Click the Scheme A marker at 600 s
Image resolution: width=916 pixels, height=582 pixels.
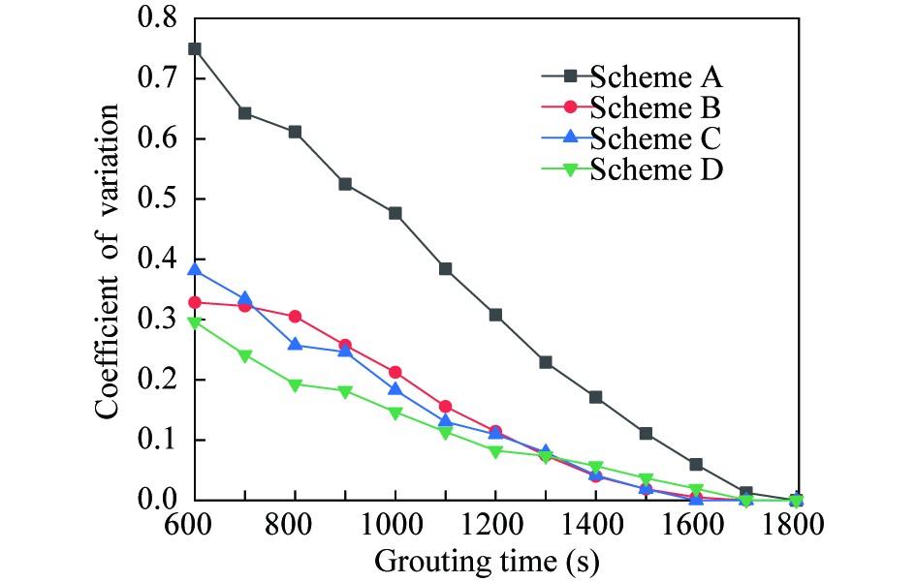tap(194, 48)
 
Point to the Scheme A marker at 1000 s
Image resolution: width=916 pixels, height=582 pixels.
tap(395, 213)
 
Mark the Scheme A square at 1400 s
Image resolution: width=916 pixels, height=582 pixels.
tap(595, 397)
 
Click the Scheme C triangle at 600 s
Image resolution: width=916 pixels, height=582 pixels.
tap(194, 269)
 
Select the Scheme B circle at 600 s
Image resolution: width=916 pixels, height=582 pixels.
tap(194, 303)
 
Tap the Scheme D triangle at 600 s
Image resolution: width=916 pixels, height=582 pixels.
tap(194, 322)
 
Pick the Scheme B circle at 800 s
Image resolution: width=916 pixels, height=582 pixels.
tap(295, 317)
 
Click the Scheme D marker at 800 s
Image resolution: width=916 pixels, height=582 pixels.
tap(295, 384)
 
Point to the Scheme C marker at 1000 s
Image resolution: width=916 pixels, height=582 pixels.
tap(395, 389)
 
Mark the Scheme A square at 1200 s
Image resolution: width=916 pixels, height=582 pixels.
tap(495, 315)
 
